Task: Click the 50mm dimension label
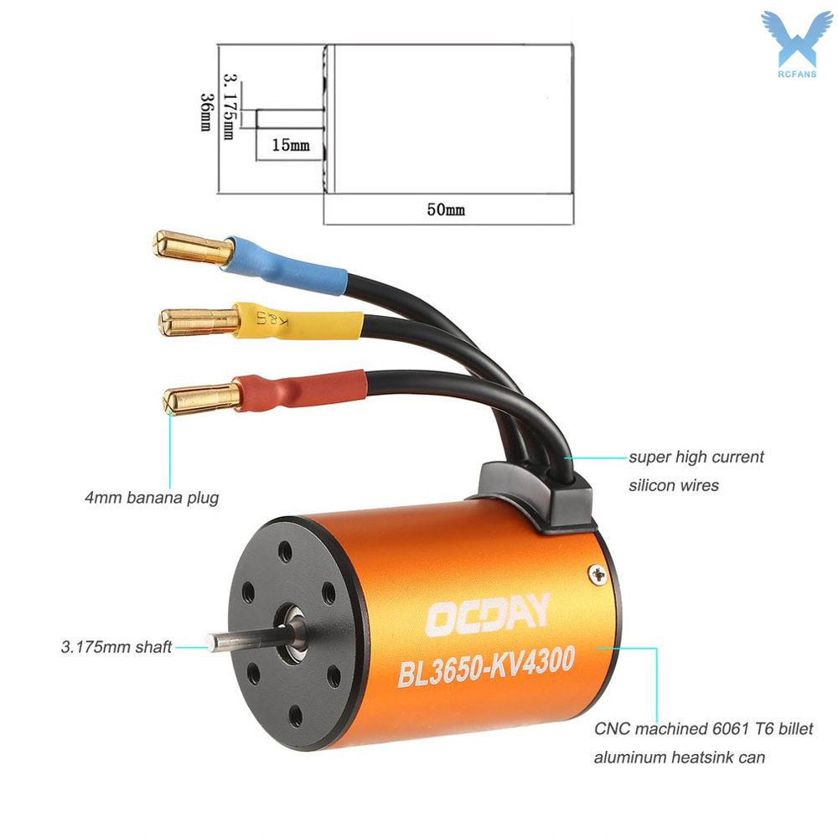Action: [x=446, y=209]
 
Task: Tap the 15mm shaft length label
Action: [x=290, y=145]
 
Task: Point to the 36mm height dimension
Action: [x=206, y=112]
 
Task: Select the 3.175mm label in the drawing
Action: [x=229, y=106]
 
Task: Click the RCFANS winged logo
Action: [x=797, y=44]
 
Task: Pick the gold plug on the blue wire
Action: [x=193, y=247]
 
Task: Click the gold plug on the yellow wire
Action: [x=199, y=323]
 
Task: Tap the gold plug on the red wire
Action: [x=202, y=399]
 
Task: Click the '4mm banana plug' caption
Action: [x=152, y=498]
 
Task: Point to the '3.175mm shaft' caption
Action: [x=116, y=647]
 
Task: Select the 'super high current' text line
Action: [x=696, y=457]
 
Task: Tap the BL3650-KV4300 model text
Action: [x=486, y=666]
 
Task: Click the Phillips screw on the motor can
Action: [x=597, y=575]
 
